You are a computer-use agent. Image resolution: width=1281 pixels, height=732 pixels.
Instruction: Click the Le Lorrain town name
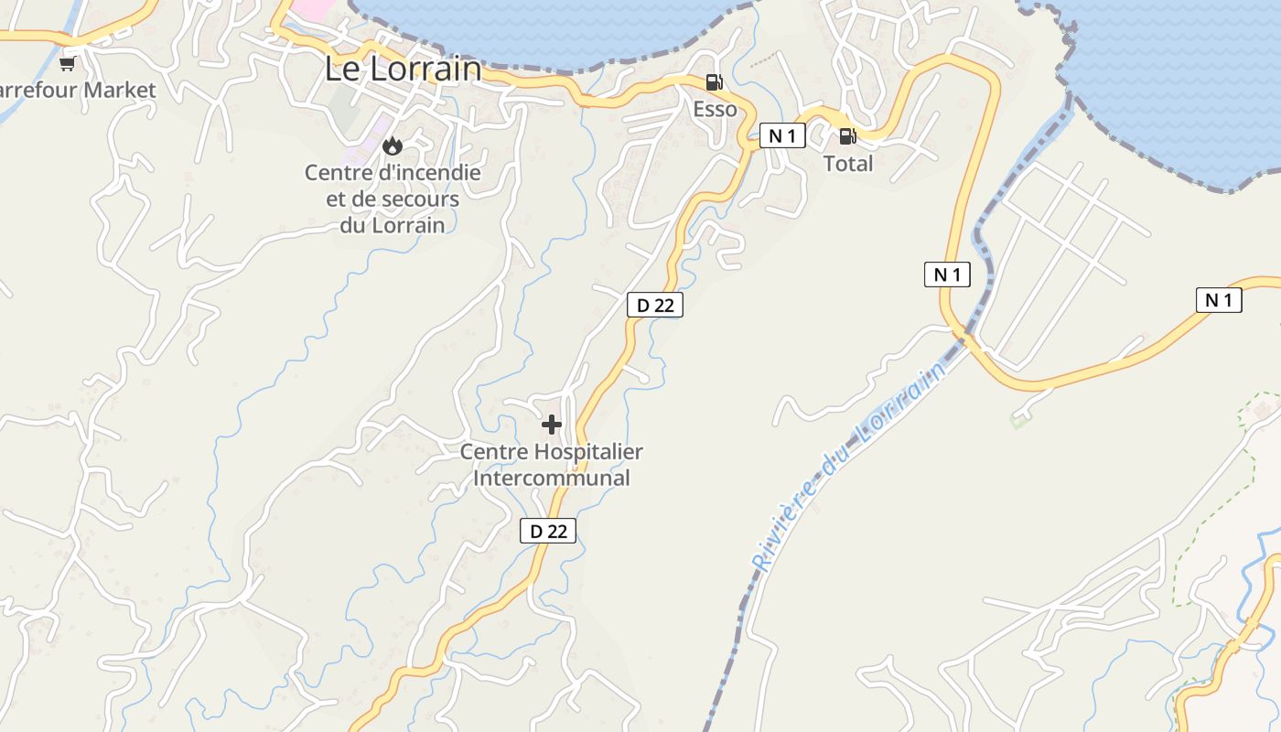tap(403, 69)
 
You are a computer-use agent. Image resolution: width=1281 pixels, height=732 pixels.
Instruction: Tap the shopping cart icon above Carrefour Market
tap(67, 63)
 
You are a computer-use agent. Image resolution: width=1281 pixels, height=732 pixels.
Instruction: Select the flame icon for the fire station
tap(393, 145)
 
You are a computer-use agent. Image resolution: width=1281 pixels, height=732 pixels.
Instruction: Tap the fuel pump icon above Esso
tap(714, 82)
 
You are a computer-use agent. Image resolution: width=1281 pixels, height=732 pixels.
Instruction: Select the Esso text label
tap(715, 109)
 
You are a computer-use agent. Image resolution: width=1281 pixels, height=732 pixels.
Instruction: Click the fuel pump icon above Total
tap(848, 136)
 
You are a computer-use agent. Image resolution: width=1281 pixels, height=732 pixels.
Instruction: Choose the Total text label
tap(848, 164)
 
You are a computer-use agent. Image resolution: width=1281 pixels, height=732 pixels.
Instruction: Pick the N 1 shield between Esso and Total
tap(782, 136)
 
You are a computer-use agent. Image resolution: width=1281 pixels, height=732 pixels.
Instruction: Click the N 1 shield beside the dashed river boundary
tap(947, 274)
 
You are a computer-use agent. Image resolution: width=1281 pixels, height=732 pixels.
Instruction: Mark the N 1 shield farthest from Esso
tap(1219, 299)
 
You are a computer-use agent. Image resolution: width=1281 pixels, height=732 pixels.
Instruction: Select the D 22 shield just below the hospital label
tap(548, 530)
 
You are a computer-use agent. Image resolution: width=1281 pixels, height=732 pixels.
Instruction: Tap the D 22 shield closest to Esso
tap(655, 305)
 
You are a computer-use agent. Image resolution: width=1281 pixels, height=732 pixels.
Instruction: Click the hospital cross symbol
tap(552, 424)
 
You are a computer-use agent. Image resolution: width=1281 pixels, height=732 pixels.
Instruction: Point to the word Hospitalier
tap(589, 451)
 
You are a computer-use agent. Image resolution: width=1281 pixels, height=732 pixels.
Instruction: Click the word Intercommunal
tap(552, 478)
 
